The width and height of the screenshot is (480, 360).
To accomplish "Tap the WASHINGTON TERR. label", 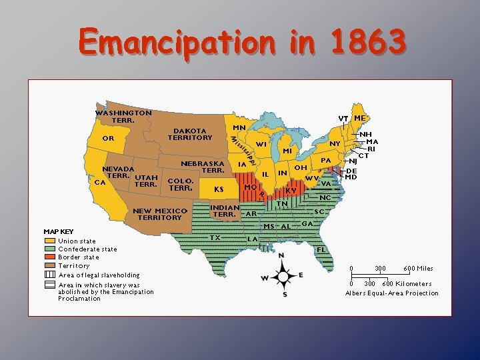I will [123, 117].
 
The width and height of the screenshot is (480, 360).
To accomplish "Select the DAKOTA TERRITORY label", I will [190, 134].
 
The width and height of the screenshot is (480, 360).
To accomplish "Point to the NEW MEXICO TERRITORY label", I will [159, 214].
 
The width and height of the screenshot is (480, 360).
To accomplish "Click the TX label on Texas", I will [215, 237].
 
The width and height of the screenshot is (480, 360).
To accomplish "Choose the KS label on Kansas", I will [219, 189].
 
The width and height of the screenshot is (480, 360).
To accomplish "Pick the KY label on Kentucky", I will [291, 190].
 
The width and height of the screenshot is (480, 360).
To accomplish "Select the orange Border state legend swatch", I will [50, 257].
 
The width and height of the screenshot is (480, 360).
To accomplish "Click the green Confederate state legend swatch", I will [50, 249].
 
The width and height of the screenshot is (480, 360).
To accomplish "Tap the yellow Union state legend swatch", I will [50, 241].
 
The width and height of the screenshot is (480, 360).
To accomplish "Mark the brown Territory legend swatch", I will [50, 266].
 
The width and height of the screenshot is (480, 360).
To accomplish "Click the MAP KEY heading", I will [59, 232].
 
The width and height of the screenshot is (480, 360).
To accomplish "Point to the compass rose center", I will [283, 275].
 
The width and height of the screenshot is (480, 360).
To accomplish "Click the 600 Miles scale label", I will [418, 269].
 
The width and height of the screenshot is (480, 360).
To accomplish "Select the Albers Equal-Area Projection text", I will [392, 293].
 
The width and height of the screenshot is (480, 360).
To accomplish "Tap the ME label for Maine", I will [360, 118].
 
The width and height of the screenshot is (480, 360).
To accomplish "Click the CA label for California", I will [100, 181].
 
